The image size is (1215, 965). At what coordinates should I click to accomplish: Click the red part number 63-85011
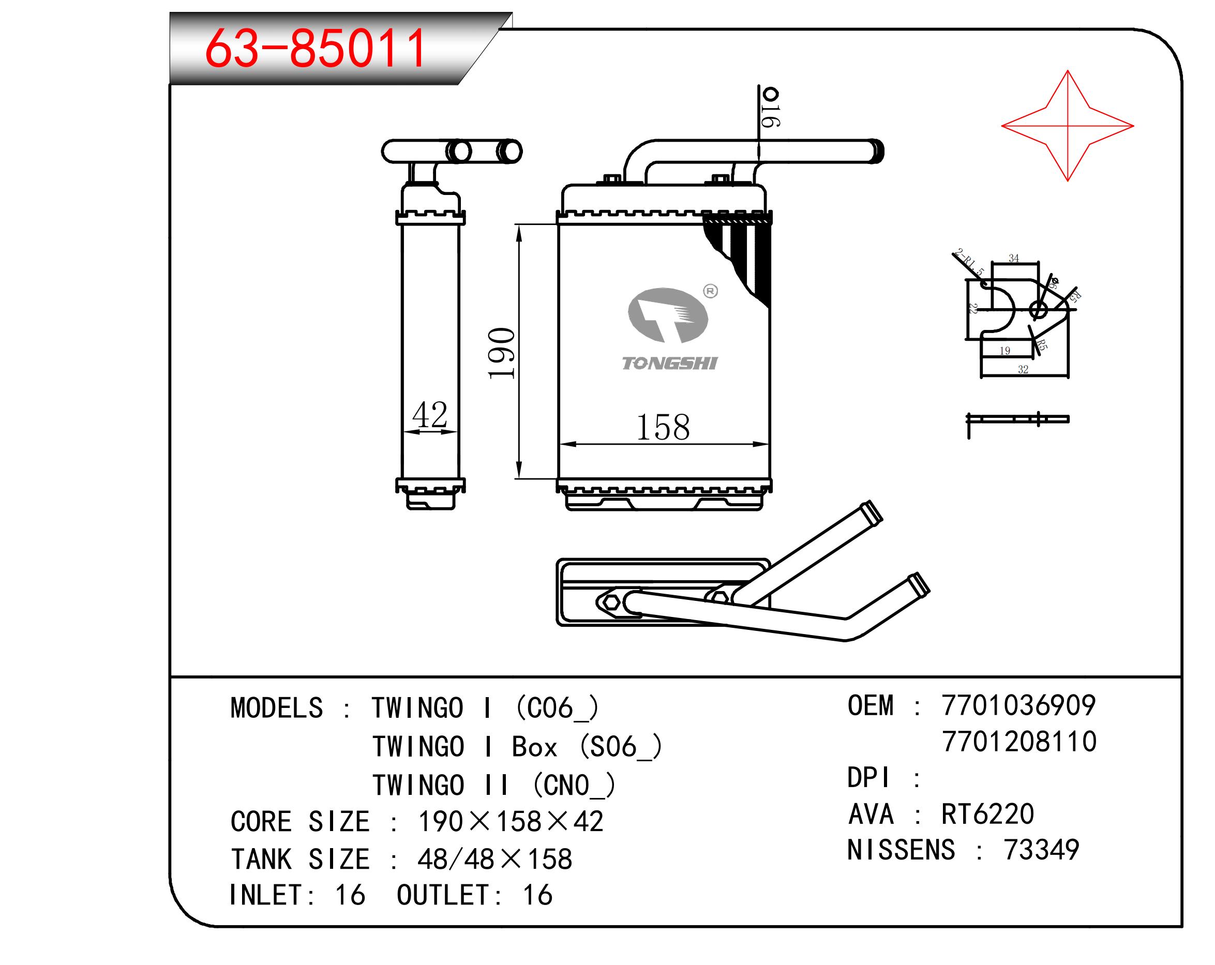(x=315, y=49)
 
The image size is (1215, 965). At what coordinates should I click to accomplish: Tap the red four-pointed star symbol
(x=1068, y=126)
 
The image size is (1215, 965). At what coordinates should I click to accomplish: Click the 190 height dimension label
(x=501, y=353)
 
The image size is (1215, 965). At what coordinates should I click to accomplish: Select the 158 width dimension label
(x=663, y=427)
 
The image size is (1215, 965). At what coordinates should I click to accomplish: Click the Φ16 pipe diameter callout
(x=770, y=107)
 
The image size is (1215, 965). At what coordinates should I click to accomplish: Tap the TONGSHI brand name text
(x=669, y=364)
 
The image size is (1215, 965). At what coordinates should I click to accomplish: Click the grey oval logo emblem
(x=668, y=315)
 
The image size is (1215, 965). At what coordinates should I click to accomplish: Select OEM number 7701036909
(x=1018, y=705)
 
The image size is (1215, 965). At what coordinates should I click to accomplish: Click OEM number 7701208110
(x=1019, y=742)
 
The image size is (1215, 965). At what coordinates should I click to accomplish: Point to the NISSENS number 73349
(x=1041, y=850)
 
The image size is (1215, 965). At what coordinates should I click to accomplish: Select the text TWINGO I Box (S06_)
(x=517, y=747)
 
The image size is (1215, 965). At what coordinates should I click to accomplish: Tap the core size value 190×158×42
(x=511, y=821)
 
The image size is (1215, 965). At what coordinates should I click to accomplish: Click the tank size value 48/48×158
(x=495, y=859)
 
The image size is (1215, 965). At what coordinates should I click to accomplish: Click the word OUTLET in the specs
(x=443, y=895)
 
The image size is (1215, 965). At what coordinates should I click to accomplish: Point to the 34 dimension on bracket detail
(x=1014, y=259)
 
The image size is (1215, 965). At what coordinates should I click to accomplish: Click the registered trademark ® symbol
(x=711, y=291)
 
